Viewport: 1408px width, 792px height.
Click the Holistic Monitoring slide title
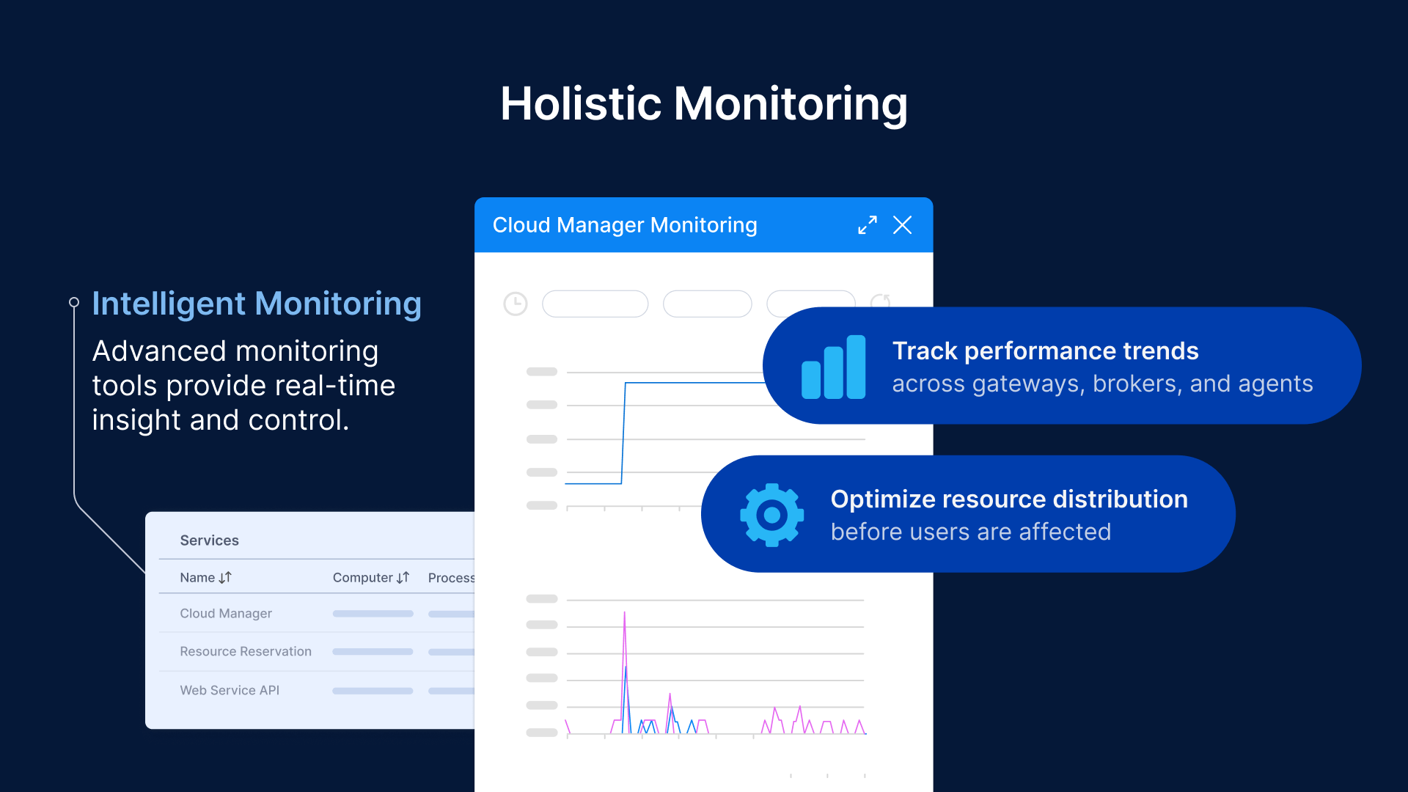click(704, 103)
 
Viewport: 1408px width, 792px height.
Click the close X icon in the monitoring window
click(902, 225)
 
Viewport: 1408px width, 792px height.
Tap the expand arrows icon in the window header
click(868, 225)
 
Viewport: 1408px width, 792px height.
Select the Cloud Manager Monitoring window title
click(624, 225)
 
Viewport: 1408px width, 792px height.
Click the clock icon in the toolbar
click(516, 304)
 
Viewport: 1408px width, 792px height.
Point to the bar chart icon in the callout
click(834, 367)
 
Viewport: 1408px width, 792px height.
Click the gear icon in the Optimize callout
click(771, 515)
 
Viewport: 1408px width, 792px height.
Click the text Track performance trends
click(1045, 351)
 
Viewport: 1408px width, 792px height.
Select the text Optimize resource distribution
click(1008, 499)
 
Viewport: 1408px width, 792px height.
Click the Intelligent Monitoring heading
click(257, 304)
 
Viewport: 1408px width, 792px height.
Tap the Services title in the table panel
click(209, 540)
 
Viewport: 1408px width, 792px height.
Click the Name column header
click(197, 578)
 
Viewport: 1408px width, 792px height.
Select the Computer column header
click(362, 578)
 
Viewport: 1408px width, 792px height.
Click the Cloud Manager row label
click(226, 614)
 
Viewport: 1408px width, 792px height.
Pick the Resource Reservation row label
click(246, 652)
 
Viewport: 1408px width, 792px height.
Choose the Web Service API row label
click(230, 691)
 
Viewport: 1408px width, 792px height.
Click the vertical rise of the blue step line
click(623, 433)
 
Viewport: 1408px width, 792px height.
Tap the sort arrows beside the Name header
click(225, 578)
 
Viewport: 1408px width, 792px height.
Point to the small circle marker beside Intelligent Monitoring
click(74, 302)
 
